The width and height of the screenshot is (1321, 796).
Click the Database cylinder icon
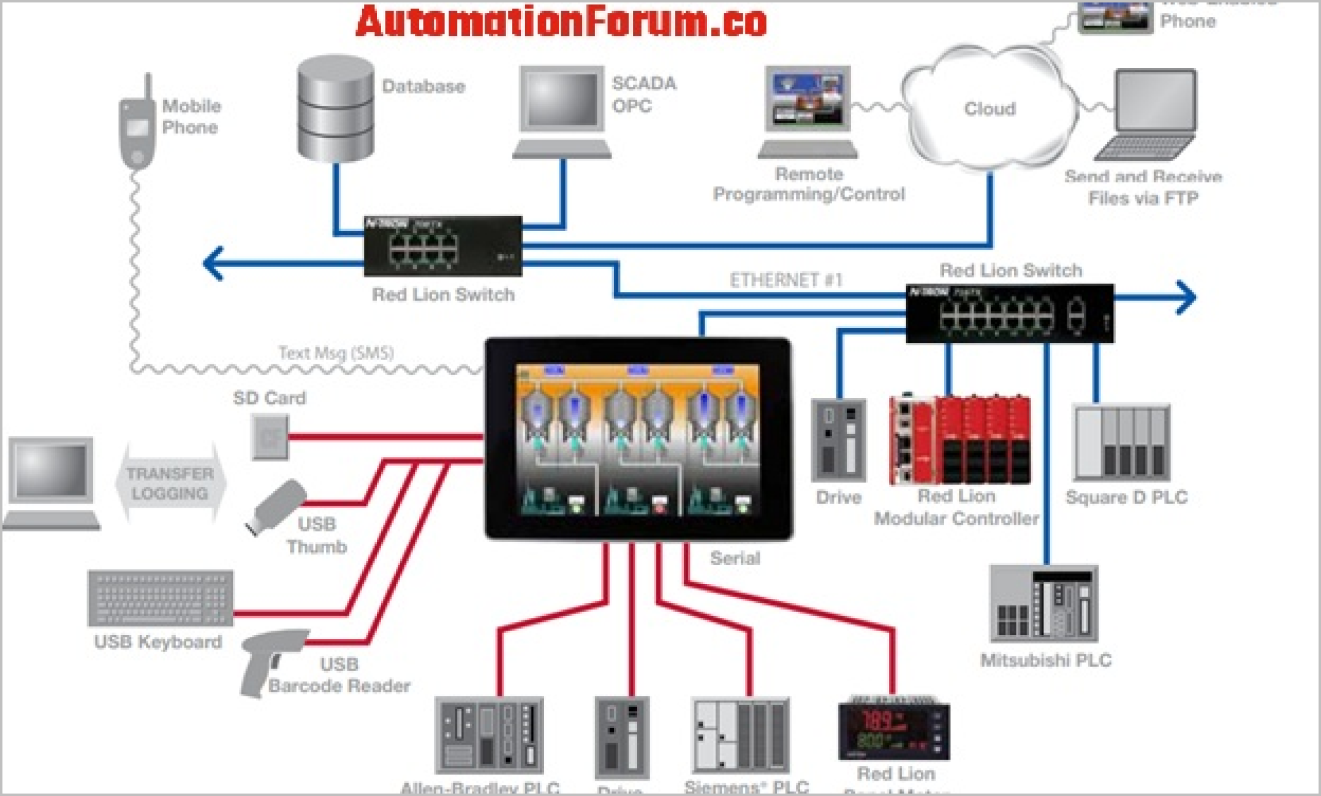coord(335,109)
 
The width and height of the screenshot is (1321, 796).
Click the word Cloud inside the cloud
coord(990,109)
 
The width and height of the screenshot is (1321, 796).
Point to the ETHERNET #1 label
coord(786,280)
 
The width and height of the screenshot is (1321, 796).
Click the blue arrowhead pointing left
coord(213,263)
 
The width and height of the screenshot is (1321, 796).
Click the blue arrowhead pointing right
coord(1186,298)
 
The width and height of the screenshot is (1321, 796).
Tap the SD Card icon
coord(270,437)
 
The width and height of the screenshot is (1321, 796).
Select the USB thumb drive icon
coord(276,506)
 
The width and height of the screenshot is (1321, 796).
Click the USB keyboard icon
coord(160,598)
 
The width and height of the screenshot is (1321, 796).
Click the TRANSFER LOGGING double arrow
coord(170,483)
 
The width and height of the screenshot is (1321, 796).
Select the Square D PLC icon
coord(1122,443)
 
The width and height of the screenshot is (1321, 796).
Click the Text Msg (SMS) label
coord(336,353)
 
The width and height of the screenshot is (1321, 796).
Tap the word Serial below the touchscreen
coord(735,558)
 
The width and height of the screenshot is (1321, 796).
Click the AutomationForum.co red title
coord(561,22)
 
